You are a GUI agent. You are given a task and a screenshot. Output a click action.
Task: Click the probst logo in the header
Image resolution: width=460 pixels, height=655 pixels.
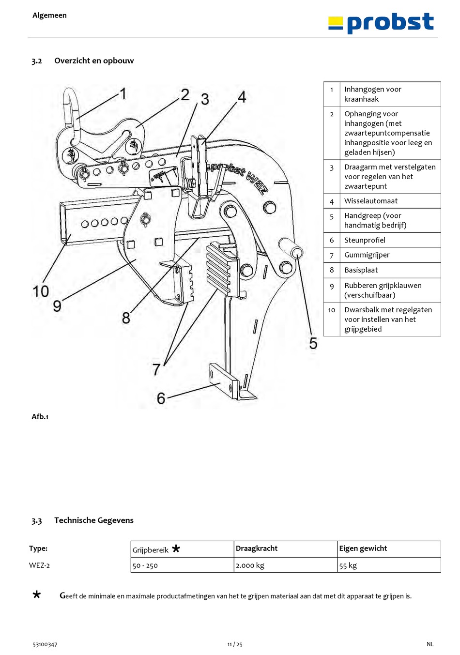[x=381, y=23]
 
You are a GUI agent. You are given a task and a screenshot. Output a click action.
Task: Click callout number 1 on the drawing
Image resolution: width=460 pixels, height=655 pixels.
[x=123, y=93]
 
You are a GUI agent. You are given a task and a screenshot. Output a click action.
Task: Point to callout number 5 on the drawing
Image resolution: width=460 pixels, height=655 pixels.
[x=313, y=343]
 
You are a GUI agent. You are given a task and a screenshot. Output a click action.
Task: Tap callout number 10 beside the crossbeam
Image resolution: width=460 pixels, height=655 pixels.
[x=41, y=291]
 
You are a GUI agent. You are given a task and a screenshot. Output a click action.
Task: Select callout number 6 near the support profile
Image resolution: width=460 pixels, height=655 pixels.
[x=161, y=398]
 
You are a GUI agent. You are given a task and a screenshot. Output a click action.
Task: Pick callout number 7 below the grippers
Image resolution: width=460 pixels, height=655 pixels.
[x=156, y=369]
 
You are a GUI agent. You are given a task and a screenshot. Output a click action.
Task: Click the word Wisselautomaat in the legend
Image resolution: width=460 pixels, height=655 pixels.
[x=370, y=201]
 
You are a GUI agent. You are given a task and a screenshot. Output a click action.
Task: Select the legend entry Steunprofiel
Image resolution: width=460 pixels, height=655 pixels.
[x=365, y=240]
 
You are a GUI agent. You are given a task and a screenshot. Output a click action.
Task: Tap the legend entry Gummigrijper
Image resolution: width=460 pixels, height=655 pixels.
[x=367, y=255]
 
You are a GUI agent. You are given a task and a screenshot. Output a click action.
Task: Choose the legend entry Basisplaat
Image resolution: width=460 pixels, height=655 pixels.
[x=361, y=270]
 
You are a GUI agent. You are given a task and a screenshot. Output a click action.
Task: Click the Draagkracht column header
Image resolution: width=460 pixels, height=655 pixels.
[x=257, y=548]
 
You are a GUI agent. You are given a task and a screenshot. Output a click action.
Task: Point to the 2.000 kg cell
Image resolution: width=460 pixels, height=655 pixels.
[x=250, y=565]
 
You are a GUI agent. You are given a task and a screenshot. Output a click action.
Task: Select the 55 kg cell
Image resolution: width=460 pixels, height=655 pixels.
[x=348, y=565]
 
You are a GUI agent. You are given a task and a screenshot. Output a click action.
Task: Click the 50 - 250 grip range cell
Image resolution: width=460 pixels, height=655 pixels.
[x=145, y=565]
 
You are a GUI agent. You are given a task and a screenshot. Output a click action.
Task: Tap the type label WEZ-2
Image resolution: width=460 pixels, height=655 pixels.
[x=39, y=565]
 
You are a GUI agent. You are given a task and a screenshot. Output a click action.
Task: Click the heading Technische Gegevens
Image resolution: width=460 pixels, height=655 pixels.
[x=94, y=520]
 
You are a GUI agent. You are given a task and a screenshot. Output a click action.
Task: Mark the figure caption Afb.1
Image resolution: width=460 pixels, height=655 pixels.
[x=40, y=417]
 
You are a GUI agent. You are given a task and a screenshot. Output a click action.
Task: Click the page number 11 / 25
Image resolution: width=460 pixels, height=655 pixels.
[x=235, y=644]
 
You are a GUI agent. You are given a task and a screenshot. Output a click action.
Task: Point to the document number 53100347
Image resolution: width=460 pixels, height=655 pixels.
[x=45, y=644]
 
